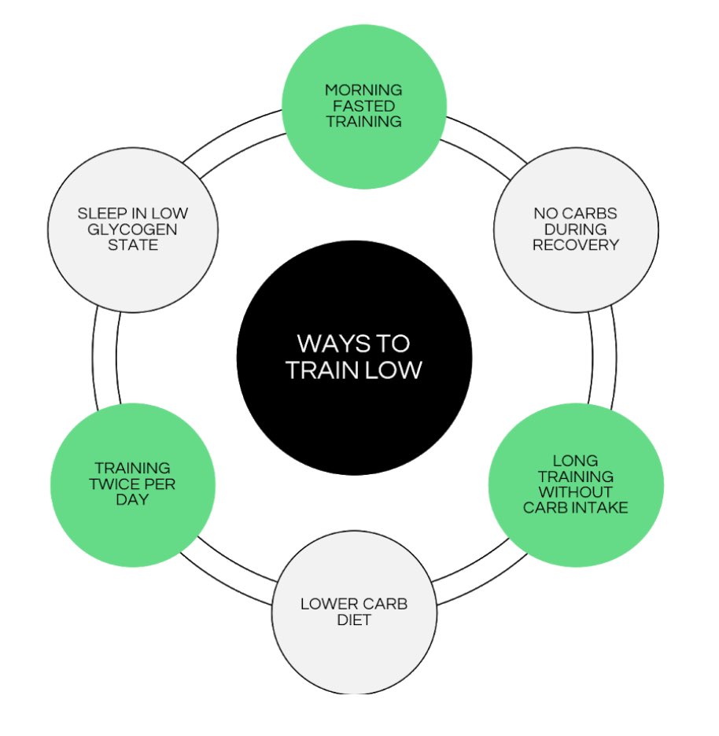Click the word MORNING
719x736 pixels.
click(x=363, y=90)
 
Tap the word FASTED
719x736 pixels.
click(x=363, y=105)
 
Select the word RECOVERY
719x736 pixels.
click(x=576, y=245)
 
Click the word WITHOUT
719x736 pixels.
click(x=576, y=492)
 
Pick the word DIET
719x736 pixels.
click(x=354, y=620)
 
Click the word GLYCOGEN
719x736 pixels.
click(x=133, y=229)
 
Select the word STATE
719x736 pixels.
click(x=133, y=245)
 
